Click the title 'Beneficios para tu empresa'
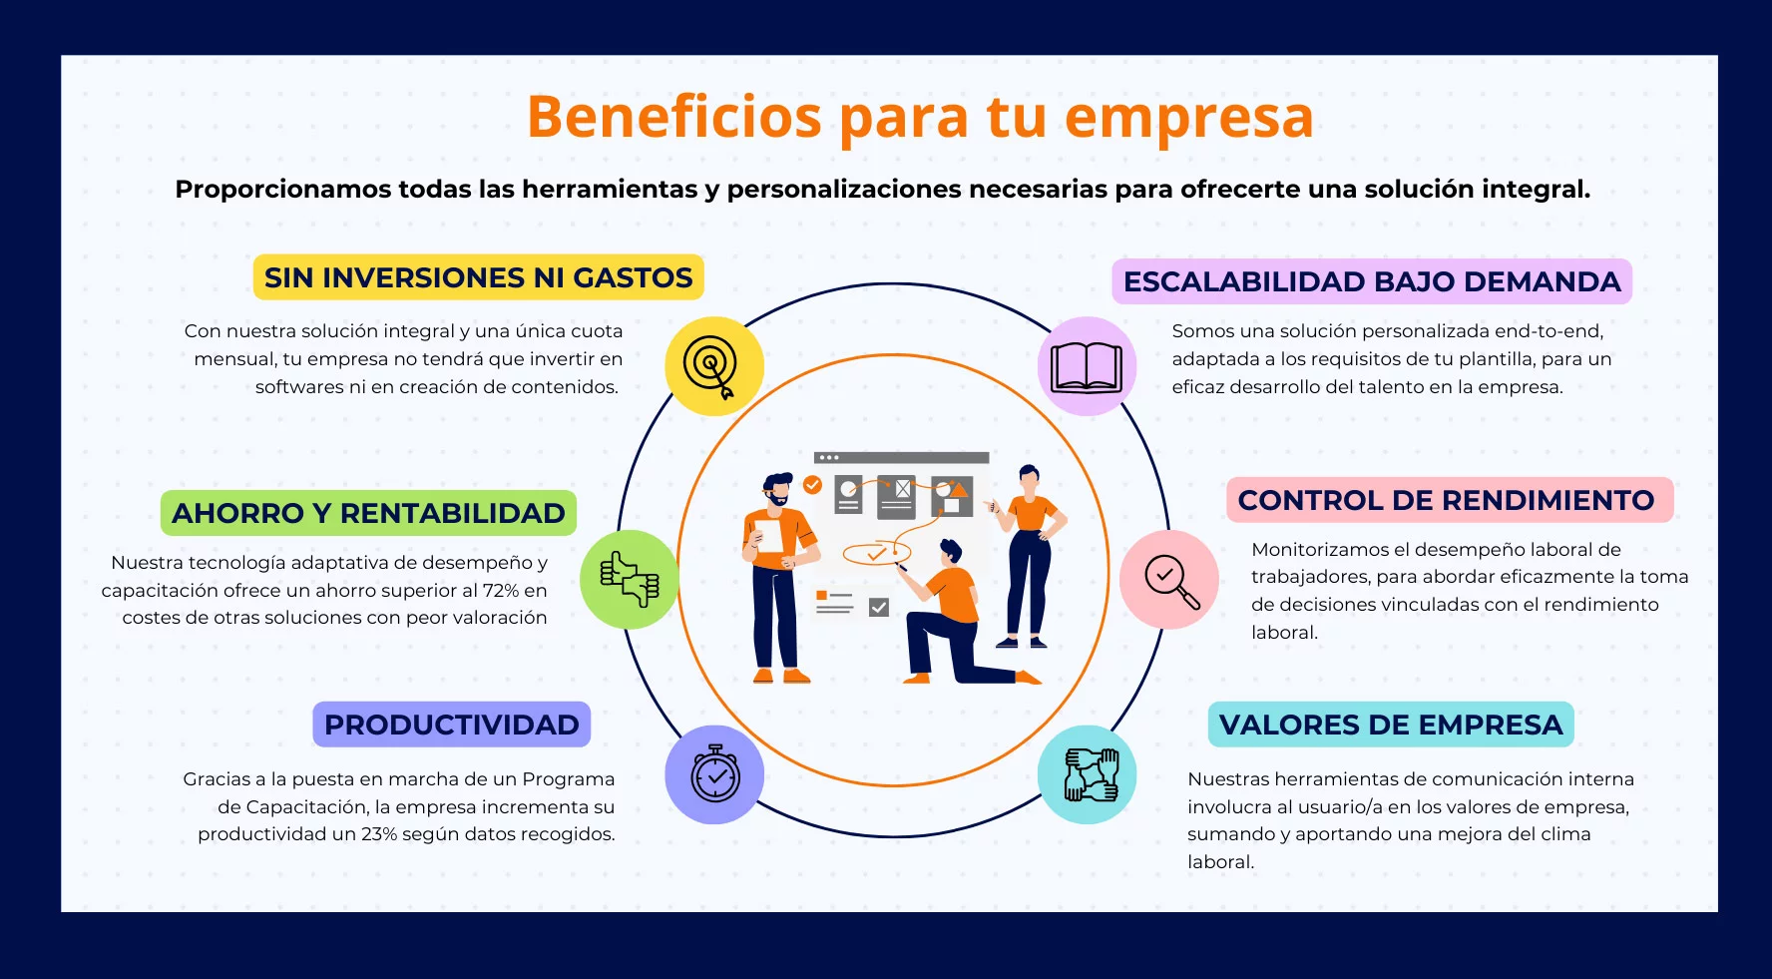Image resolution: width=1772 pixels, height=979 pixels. pyautogui.click(x=920, y=117)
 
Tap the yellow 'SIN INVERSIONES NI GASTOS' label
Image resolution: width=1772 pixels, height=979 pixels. pyautogui.click(x=478, y=277)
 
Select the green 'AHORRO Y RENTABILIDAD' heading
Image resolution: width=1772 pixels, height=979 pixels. pyautogui.click(x=368, y=513)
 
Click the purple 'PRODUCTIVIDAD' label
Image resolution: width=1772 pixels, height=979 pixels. pyautogui.click(x=452, y=725)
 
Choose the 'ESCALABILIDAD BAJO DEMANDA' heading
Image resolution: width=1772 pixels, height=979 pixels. pyautogui.click(x=1372, y=281)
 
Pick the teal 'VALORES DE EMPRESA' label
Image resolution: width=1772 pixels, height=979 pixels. pyautogui.click(x=1391, y=725)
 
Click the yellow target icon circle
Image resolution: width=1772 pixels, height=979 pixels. pyautogui.click(x=714, y=366)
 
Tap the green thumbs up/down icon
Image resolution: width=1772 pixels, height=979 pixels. pyautogui.click(x=630, y=579)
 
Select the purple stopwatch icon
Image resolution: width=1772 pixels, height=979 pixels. pyautogui.click(x=714, y=774)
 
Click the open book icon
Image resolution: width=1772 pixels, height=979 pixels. pyautogui.click(x=1087, y=366)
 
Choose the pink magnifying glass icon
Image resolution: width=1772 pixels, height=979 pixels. pyautogui.click(x=1169, y=579)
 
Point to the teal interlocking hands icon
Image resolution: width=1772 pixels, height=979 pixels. pyautogui.click(x=1087, y=774)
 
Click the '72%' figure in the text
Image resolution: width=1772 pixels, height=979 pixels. pyautogui.click(x=502, y=591)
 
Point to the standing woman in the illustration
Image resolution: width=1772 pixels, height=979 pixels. pyautogui.click(x=1028, y=557)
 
